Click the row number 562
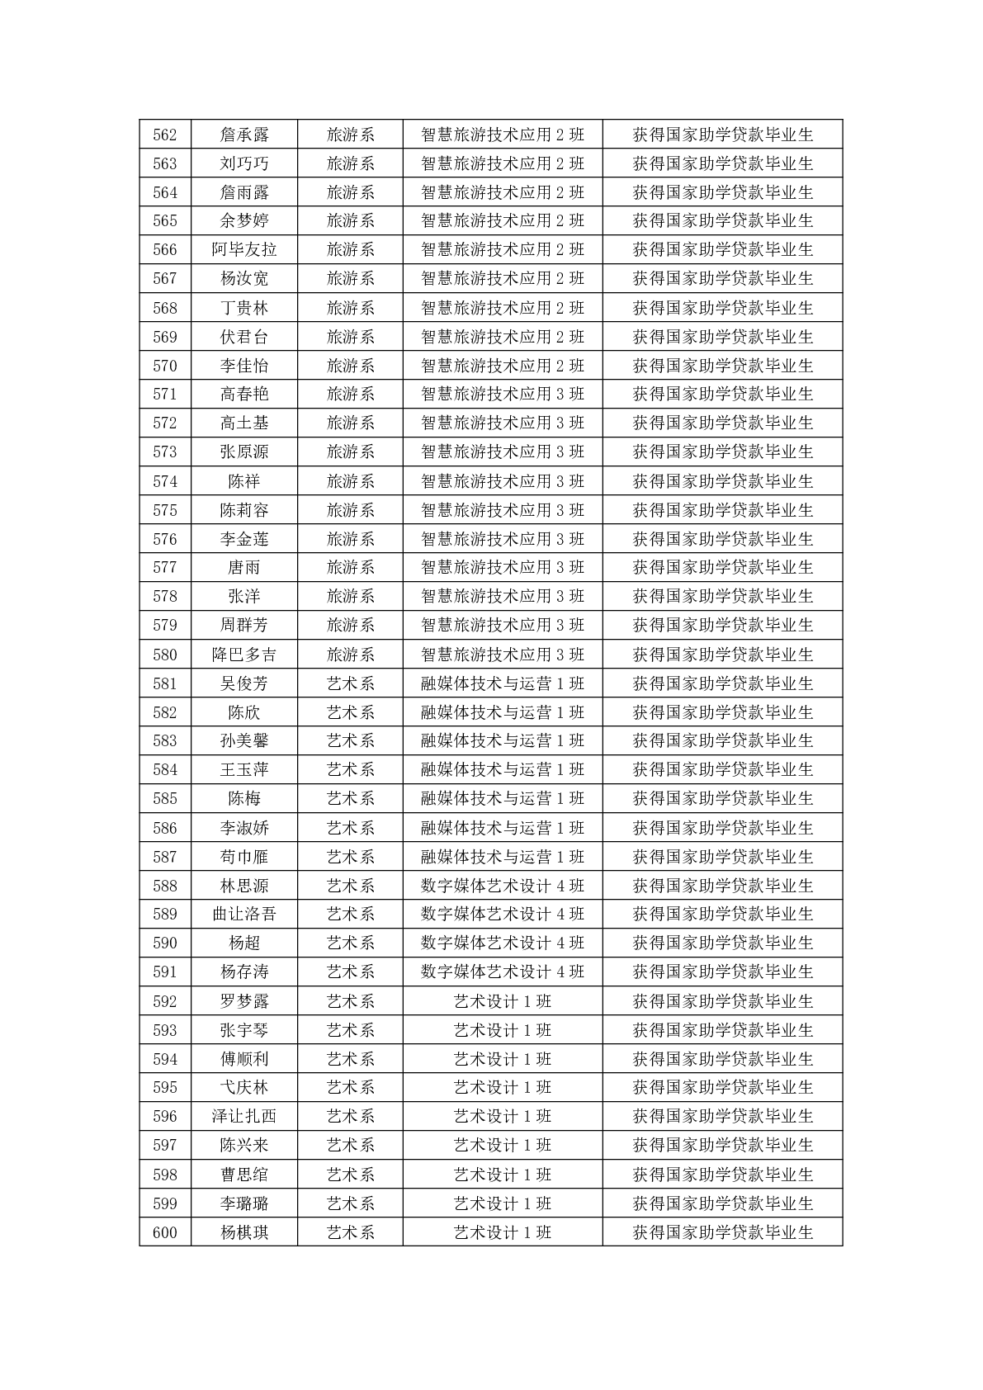tap(165, 135)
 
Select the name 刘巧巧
tap(243, 163)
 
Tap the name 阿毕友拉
tap(243, 249)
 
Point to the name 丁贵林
tap(243, 308)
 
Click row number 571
tap(165, 394)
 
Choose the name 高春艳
tap(243, 394)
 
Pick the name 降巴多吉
tap(243, 655)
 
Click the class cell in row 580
tap(502, 655)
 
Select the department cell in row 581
tap(350, 683)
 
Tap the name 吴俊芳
tap(243, 683)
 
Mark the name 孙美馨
tap(243, 740)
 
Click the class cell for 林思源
tap(502, 886)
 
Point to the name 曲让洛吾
tap(243, 914)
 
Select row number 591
tap(165, 972)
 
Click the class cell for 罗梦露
tap(502, 1001)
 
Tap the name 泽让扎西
tap(243, 1116)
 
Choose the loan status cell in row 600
tap(722, 1232)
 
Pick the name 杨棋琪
tap(243, 1232)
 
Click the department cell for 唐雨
tap(350, 567)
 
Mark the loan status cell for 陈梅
tap(722, 798)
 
